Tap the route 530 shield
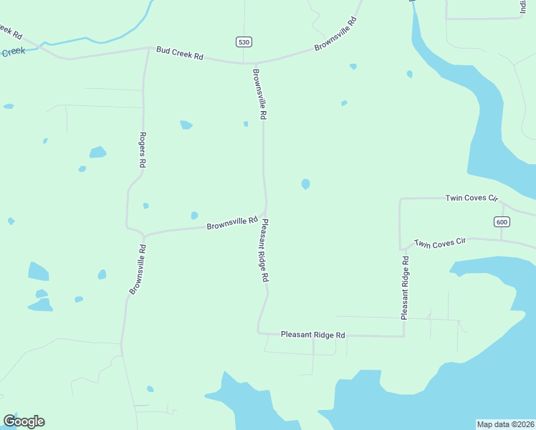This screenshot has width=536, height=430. [x=244, y=42]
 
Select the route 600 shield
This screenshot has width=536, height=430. [x=502, y=222]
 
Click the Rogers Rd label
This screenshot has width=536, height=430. [x=143, y=150]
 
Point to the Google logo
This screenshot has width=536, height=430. [x=24, y=421]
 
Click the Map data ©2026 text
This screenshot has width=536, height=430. [x=505, y=424]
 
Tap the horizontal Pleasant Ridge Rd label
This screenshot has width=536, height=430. [x=313, y=335]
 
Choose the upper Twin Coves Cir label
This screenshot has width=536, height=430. [x=471, y=198]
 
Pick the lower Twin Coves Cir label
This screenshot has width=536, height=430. [x=440, y=244]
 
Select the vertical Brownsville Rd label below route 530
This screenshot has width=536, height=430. [x=259, y=93]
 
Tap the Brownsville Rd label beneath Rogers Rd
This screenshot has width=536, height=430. [x=138, y=270]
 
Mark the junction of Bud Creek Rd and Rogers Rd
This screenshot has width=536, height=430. [x=148, y=49]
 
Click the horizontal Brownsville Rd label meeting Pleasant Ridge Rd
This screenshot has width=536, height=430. [x=231, y=224]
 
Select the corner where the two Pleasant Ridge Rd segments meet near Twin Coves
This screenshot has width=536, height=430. [x=403, y=335]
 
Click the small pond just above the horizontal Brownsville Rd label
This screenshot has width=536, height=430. [x=194, y=215]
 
